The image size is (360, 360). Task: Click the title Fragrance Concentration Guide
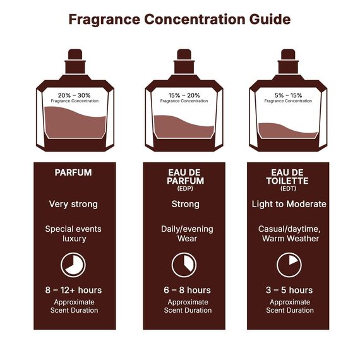[x=179, y=19]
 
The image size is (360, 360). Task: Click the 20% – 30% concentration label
[x=74, y=95]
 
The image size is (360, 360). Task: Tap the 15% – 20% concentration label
[x=184, y=95]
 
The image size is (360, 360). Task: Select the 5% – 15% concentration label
[x=287, y=95]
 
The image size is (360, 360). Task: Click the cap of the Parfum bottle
[x=74, y=66]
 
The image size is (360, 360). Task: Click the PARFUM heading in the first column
[x=74, y=172]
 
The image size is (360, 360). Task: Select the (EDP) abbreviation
[x=185, y=188]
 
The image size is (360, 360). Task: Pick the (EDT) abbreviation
[x=289, y=188]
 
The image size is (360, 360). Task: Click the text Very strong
[x=74, y=204]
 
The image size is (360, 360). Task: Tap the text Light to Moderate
[x=289, y=204]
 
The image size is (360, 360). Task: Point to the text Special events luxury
[x=74, y=234]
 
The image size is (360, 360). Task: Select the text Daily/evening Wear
[x=185, y=234]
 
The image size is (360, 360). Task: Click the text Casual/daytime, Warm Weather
[x=289, y=234]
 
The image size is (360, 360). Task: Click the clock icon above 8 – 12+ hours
[x=74, y=264]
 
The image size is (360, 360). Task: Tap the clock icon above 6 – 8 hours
[x=185, y=264]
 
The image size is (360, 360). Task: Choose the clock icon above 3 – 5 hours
[x=289, y=264]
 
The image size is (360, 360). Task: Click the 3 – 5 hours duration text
[x=289, y=291]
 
